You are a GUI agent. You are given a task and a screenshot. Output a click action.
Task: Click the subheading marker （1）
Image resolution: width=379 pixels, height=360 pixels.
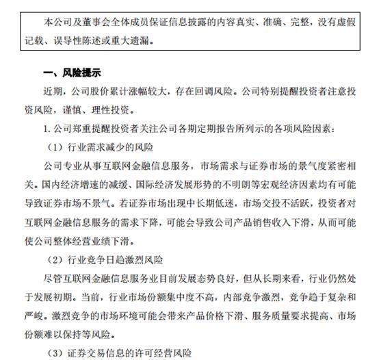(57, 146)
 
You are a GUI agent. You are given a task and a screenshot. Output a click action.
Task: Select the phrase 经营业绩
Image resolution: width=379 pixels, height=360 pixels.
(95, 242)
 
